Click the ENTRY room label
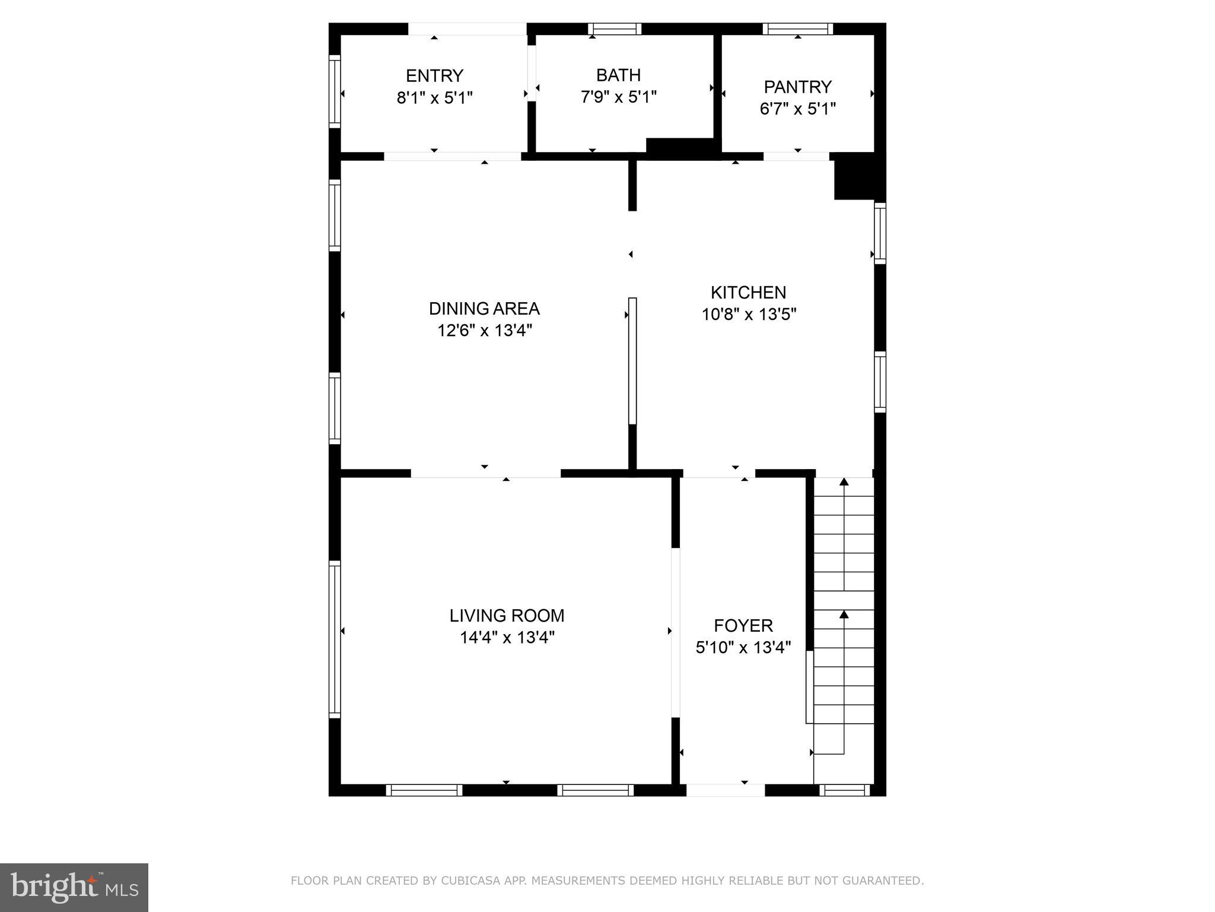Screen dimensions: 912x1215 coord(434,76)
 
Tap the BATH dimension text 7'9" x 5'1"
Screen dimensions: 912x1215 coord(618,97)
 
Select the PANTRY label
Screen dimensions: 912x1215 coord(797,87)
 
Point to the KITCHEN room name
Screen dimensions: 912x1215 coord(748,292)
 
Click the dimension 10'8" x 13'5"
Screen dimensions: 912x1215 coord(749,314)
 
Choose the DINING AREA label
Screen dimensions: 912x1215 coord(484,309)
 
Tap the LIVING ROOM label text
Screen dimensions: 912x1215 coord(507,616)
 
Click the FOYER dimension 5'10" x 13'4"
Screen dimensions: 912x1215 coord(743,647)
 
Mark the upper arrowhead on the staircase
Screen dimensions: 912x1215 coord(844,482)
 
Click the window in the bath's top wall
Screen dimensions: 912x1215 coord(615,29)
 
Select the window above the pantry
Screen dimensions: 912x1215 coord(797,29)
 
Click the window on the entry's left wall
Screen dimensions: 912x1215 coord(335,91)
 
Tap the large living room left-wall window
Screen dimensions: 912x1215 coord(335,639)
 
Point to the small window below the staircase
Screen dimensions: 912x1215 coord(844,790)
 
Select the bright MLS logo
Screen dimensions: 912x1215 coord(74,887)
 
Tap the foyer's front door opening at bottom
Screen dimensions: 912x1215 coord(725,790)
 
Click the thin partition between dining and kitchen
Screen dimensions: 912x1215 coord(632,361)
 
